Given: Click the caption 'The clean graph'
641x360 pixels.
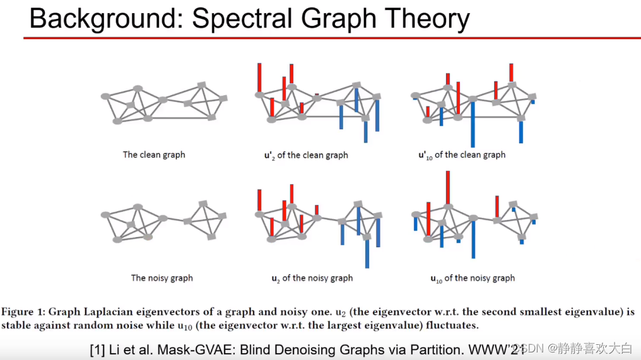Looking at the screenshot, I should pos(154,154).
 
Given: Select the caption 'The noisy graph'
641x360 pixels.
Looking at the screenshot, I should pos(162,278).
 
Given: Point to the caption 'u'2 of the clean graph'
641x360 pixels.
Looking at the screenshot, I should pos(305,155).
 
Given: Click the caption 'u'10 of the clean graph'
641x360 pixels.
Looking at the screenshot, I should pos(461,155).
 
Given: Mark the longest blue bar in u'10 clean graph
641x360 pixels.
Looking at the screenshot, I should pos(472,124).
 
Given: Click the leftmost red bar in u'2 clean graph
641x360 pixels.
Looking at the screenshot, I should pos(259,78).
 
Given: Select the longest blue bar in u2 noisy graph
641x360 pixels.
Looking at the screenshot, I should pos(367,252).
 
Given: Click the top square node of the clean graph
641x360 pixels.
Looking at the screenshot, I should pos(202,84).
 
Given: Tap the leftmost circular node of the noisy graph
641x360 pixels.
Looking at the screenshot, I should pos(105,215).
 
